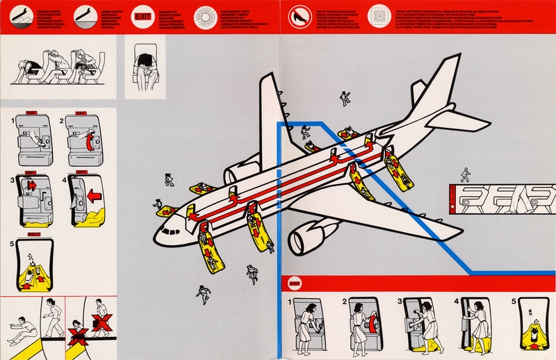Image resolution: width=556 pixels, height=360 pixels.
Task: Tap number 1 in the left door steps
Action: (11, 122)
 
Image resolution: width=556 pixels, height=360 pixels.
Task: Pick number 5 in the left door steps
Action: (11, 244)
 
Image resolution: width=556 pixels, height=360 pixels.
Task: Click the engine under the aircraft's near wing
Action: (303, 238)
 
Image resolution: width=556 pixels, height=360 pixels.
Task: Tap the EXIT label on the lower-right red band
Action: (294, 284)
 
